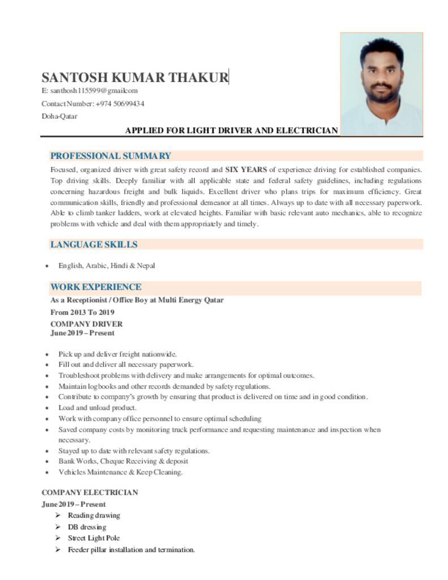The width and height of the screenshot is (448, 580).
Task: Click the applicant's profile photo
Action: (381, 84)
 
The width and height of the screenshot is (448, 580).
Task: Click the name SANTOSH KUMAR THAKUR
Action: (135, 78)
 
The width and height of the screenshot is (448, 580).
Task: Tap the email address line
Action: (89, 91)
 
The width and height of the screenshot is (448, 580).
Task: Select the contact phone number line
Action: (92, 104)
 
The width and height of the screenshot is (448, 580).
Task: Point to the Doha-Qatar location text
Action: (59, 117)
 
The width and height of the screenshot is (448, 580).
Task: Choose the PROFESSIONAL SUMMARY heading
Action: (110, 156)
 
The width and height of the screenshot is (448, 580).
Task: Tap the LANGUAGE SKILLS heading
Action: (93, 245)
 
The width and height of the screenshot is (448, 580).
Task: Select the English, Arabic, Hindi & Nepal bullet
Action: (106, 265)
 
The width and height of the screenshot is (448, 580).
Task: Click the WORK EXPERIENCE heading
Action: (96, 287)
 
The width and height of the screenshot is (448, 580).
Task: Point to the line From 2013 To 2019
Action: (83, 312)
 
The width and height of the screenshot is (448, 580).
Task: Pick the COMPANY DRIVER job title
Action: (86, 324)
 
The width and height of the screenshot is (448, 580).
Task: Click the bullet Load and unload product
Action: (97, 408)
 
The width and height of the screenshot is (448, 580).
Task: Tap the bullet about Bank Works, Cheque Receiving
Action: (123, 462)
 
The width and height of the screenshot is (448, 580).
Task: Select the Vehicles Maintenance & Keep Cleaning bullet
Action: (121, 472)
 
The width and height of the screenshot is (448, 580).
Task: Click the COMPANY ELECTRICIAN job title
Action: (89, 493)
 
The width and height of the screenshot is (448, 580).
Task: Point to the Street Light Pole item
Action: (93, 538)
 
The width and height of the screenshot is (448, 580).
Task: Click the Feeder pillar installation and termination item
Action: (131, 549)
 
